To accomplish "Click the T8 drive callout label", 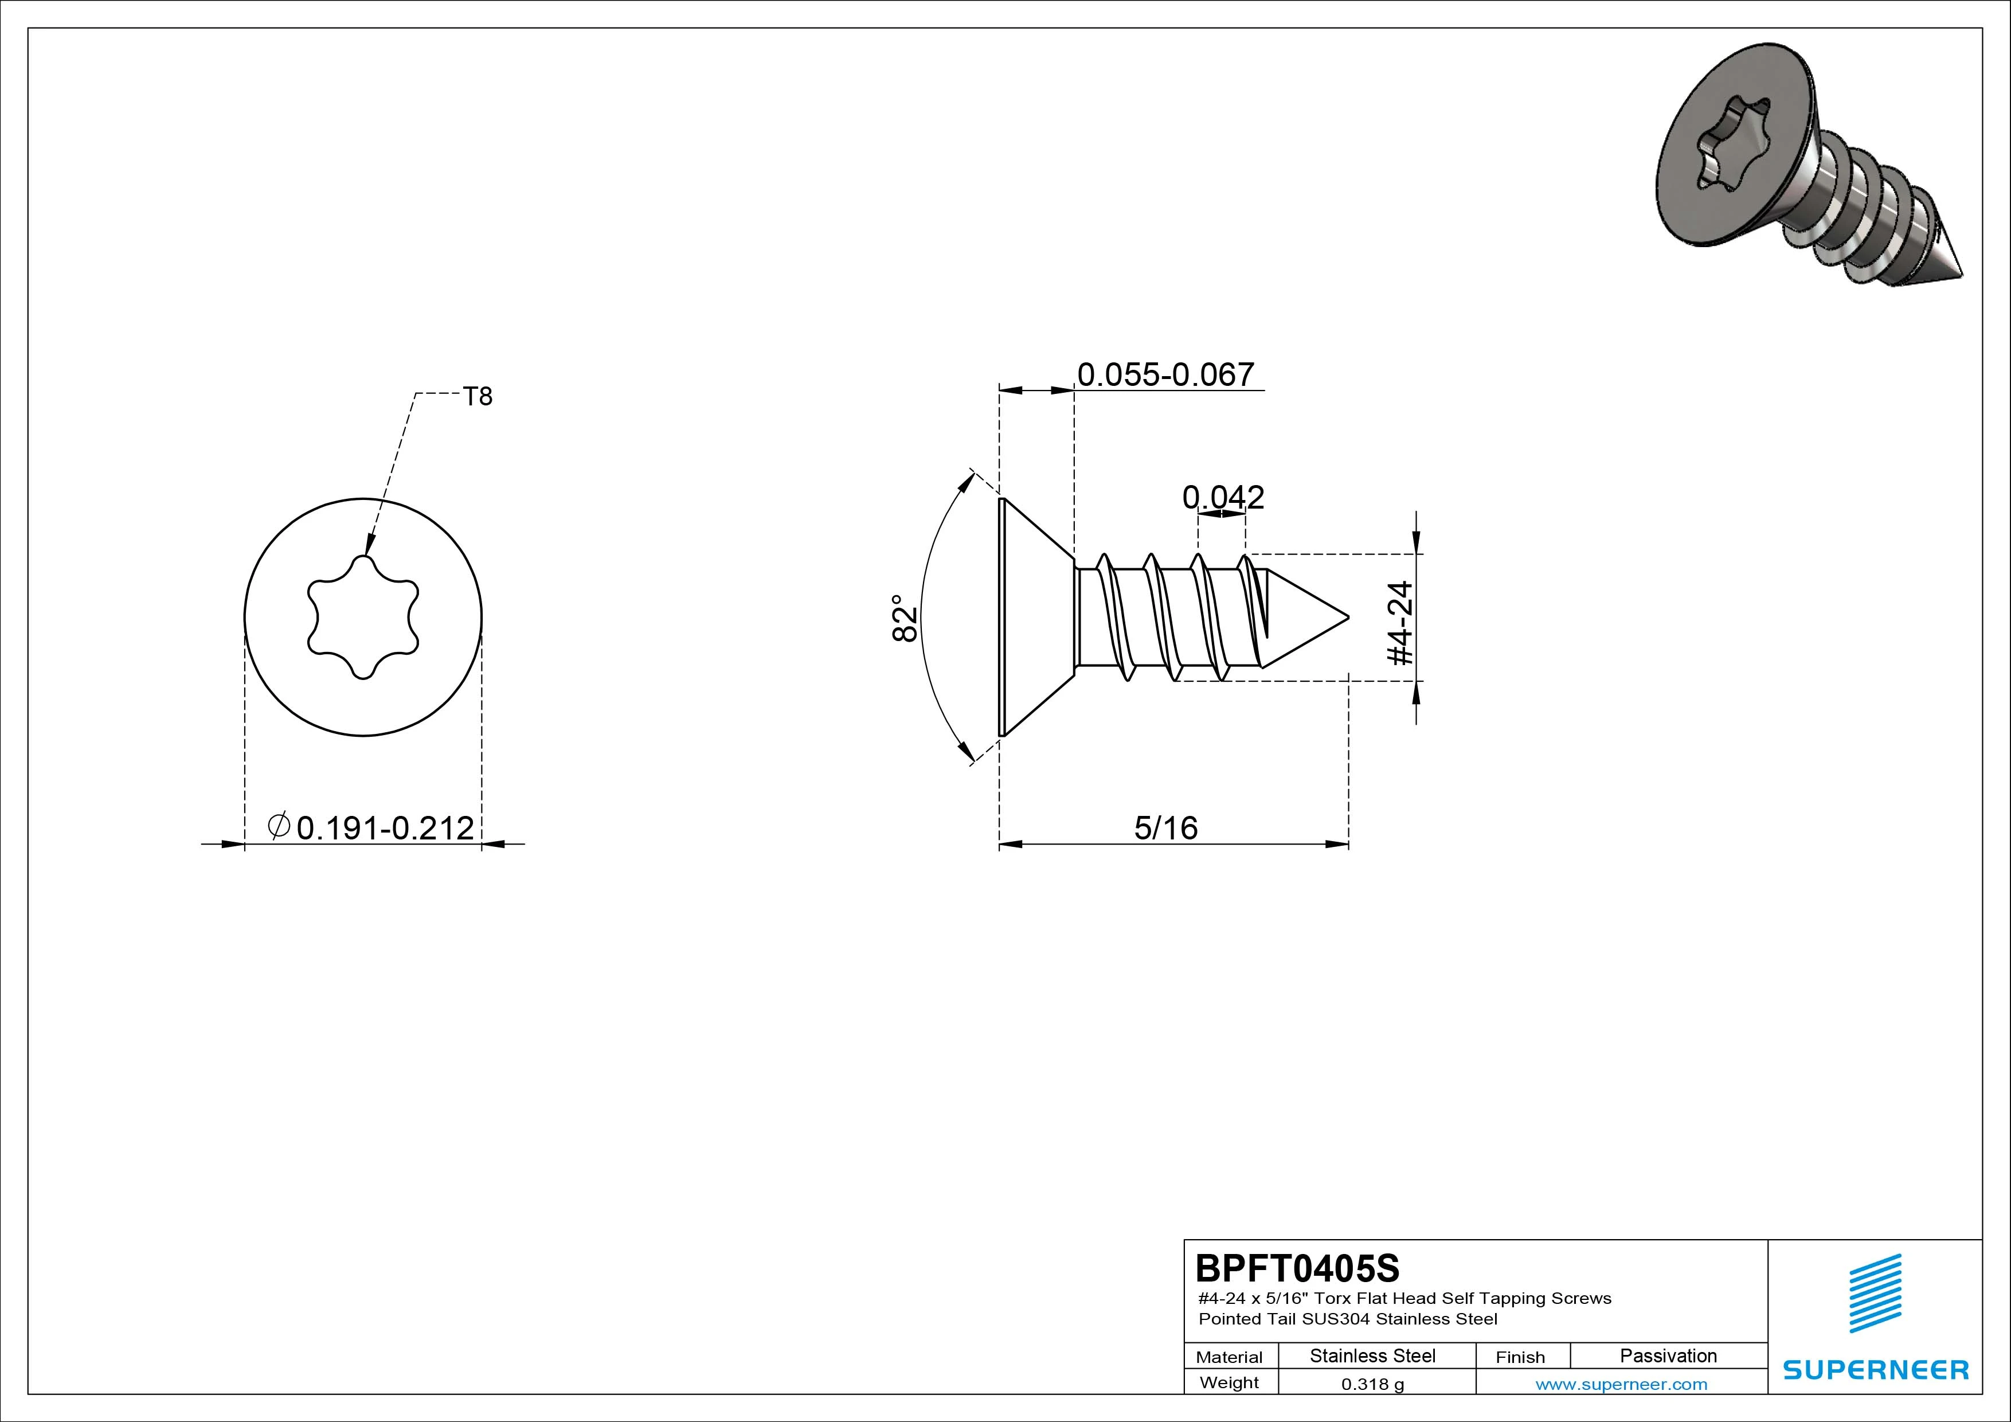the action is point(478,397).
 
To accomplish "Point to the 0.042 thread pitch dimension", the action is point(1223,498).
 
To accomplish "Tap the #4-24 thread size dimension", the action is point(1402,623).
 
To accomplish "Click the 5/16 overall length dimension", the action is point(1166,827).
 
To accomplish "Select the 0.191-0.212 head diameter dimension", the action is point(385,827).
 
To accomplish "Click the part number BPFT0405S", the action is point(1297,1268).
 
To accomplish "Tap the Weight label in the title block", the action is point(1229,1382).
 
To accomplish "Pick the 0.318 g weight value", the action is point(1372,1384).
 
